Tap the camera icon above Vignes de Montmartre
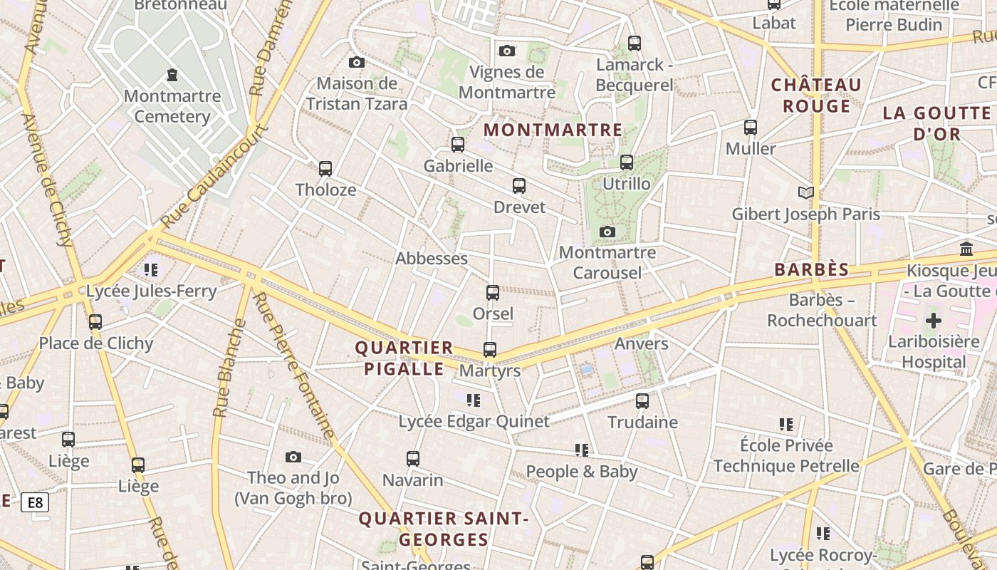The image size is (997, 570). pos(507,51)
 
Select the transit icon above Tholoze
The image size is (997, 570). pos(325,169)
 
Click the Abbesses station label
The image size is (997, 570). pos(432,258)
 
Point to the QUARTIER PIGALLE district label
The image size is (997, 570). pos(404,358)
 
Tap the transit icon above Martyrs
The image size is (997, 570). pos(490,350)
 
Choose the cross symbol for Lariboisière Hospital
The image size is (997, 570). pos(933,320)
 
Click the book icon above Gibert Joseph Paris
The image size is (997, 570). pos(806,192)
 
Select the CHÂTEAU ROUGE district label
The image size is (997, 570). pos(817,95)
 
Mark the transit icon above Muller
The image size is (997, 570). pos(751,128)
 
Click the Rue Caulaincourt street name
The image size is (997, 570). pos(214,178)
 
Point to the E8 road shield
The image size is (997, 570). pos(34,502)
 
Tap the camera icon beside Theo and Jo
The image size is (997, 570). pos(293,457)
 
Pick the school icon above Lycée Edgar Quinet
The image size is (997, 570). pos(474,400)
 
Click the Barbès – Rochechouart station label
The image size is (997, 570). pos(822,310)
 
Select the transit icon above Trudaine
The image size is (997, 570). pos(642,401)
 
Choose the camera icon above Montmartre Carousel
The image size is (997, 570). pos(607,232)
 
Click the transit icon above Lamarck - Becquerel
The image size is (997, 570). pos(635,43)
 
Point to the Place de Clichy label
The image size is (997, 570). pos(96,343)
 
